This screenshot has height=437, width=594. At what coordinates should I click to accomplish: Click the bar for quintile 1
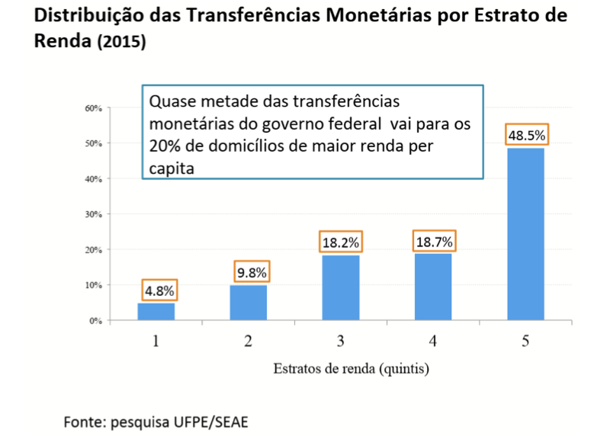click(156, 311)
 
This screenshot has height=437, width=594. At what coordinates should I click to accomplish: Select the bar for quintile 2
click(248, 302)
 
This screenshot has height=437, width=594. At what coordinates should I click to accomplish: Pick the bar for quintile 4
click(432, 286)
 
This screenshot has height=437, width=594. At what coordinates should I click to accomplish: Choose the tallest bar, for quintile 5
click(525, 233)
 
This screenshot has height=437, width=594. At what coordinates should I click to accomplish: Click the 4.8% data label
click(159, 290)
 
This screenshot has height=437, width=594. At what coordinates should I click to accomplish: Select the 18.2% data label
click(339, 243)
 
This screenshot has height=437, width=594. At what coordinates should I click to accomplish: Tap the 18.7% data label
click(434, 242)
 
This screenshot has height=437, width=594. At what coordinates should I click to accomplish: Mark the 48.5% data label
click(527, 135)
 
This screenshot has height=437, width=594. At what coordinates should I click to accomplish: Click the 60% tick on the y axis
click(94, 108)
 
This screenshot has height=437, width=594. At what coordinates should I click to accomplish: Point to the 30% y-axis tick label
click(94, 214)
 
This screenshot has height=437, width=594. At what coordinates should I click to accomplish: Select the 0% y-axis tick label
click(96, 320)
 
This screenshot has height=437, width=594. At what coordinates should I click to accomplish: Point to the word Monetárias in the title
click(348, 15)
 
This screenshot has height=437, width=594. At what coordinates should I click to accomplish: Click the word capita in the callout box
click(172, 168)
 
